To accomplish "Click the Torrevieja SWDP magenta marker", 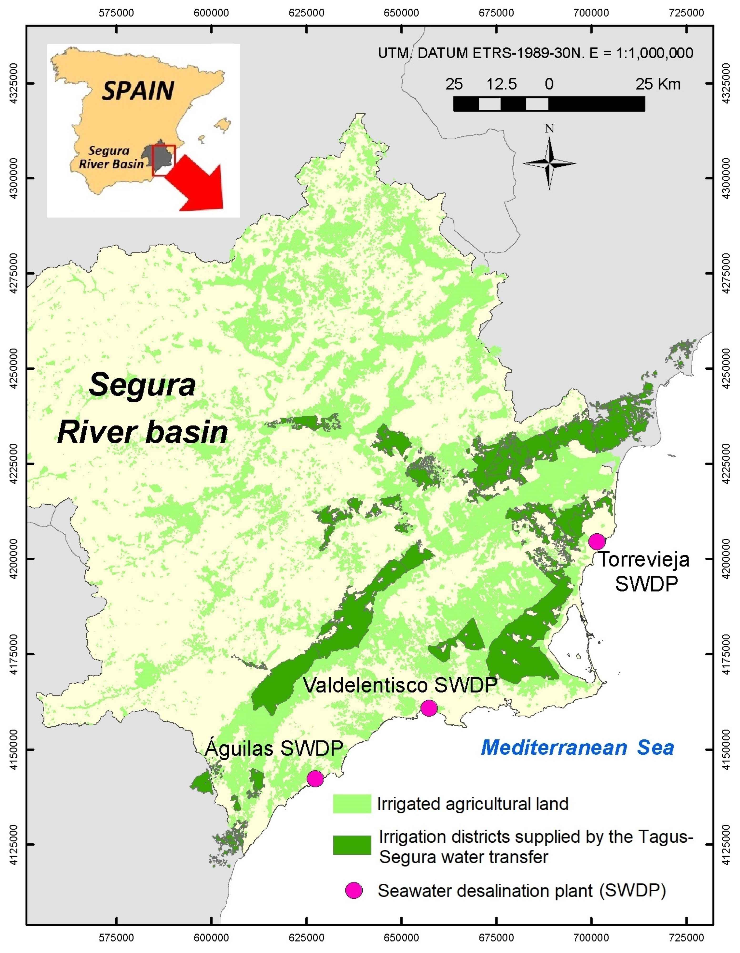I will pos(596,542).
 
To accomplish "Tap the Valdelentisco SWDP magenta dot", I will pos(429,708).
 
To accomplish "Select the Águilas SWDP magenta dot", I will pos(315,778).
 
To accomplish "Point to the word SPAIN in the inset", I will pos(138,91).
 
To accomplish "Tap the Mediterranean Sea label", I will pos(577,747).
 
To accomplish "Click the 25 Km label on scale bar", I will pos(658,84).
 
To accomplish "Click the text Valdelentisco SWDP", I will pos(400,685).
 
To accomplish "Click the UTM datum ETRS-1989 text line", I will pos(535,53).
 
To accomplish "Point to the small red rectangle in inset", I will pos(164,160).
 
